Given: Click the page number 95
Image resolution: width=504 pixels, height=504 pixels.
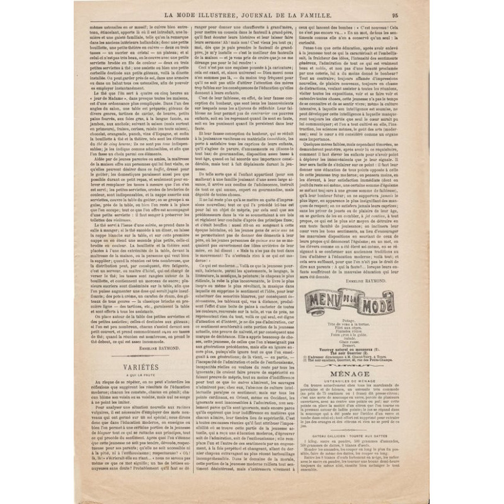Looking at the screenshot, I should (429, 16).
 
